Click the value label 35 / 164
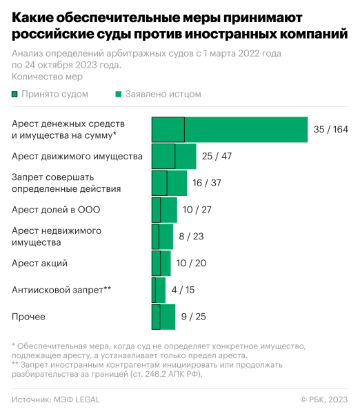coord(330,130)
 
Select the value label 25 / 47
coord(217,156)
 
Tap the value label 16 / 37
coord(207,183)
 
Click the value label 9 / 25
coord(193,317)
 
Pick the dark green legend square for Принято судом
coord(15,94)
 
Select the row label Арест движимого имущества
coord(77,156)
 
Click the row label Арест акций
coord(39,263)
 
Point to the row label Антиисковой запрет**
coord(61,290)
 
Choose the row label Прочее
coord(29,317)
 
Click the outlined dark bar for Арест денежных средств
coord(168,130)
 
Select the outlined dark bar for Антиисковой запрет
coord(154,290)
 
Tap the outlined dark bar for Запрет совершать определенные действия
coord(159,183)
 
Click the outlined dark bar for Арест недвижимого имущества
coord(155,236)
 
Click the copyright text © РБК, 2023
coord(324,400)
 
